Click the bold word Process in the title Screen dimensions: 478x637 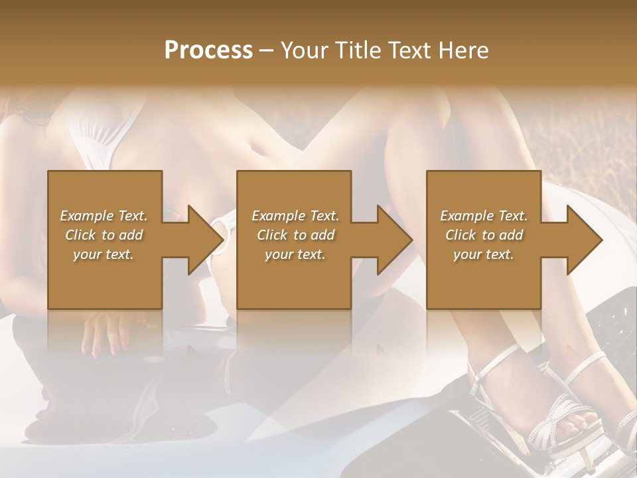coord(208,50)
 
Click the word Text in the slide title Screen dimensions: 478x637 coord(409,50)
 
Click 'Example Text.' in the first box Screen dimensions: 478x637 coord(104,216)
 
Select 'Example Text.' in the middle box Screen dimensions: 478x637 coord(295,216)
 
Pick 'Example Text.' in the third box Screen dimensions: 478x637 coord(484,216)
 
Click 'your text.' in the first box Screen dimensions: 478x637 coord(104,254)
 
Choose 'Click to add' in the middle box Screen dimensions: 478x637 coord(295,235)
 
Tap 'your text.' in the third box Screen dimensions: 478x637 coord(484,254)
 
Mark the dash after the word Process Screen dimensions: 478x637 coord(267,51)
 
